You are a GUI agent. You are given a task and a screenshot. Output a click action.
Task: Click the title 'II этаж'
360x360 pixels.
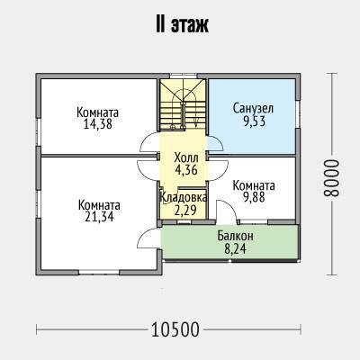pyautogui.click(x=182, y=25)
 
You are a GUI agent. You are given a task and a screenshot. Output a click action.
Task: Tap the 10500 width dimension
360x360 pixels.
pyautogui.click(x=175, y=329)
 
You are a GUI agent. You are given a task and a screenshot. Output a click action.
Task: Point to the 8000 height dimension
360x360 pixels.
pyautogui.click(x=331, y=177)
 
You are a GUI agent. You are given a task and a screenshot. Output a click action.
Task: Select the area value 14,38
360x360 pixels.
pyautogui.click(x=98, y=124)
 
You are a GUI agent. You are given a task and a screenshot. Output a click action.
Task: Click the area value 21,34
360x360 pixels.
pyautogui.click(x=99, y=217)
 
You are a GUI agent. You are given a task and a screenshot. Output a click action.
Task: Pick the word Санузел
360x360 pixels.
pyautogui.click(x=254, y=108)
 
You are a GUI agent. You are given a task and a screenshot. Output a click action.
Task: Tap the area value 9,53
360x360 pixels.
pyautogui.click(x=254, y=121)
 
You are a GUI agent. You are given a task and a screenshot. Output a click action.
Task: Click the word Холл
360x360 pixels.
pyautogui.click(x=186, y=157)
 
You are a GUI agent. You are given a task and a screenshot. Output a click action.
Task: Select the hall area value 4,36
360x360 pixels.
pyautogui.click(x=186, y=170)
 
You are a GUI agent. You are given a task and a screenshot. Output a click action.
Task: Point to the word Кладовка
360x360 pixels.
pyautogui.click(x=184, y=198)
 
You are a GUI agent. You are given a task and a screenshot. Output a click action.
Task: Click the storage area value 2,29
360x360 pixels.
pyautogui.click(x=185, y=210)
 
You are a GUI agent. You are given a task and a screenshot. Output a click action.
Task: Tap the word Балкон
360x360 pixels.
pyautogui.click(x=236, y=236)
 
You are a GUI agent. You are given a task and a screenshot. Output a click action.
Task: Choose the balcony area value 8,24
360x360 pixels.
pyautogui.click(x=236, y=248)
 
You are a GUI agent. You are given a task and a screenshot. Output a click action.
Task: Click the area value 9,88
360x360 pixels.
pyautogui.click(x=254, y=197)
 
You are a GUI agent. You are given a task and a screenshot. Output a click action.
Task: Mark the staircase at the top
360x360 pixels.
pyautogui.click(x=183, y=104)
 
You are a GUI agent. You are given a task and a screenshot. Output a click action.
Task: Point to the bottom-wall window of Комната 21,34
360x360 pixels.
pyautogui.click(x=99, y=272)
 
